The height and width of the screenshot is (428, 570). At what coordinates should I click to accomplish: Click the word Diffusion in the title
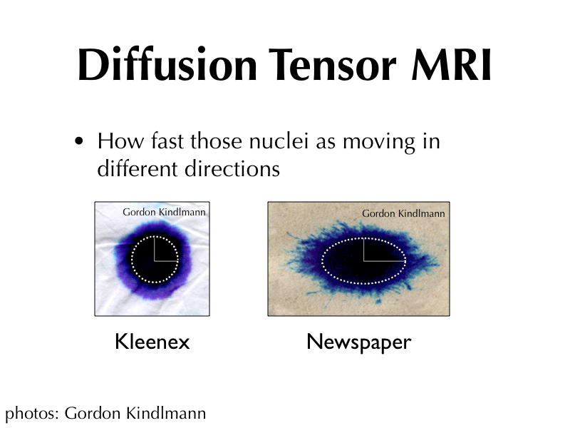point(167,64)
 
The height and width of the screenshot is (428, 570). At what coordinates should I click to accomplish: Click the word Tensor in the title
point(333,64)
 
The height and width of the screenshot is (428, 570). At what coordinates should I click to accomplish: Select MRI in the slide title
point(451,64)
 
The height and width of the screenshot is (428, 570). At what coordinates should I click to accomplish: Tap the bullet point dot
point(78,141)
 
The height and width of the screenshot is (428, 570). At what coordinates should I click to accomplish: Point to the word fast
point(167,141)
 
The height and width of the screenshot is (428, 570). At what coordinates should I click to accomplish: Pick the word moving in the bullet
point(379,142)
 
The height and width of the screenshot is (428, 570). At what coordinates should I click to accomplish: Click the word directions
point(232,168)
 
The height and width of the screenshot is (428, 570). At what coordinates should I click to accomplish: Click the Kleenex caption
point(152,342)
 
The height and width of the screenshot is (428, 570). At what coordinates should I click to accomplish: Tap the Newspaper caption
point(359,342)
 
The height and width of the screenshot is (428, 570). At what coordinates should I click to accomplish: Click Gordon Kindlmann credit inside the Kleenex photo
point(164,212)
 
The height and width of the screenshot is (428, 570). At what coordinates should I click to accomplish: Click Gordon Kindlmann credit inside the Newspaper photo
point(403,213)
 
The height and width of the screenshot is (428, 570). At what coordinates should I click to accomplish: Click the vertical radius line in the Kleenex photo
point(155,248)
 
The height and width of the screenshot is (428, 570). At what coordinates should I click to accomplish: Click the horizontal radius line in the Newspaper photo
point(385,261)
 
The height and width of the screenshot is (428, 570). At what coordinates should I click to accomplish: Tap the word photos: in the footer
point(32,414)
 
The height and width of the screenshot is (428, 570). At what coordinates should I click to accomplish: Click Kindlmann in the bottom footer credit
point(166,413)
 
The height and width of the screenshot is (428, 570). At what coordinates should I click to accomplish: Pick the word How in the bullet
point(120,141)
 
